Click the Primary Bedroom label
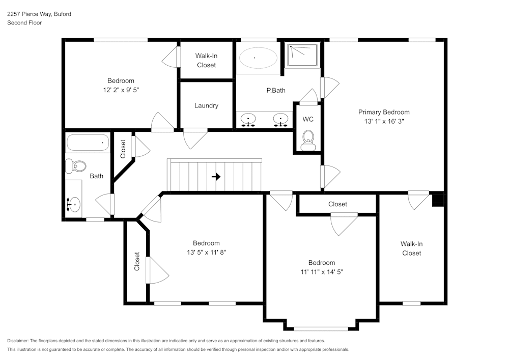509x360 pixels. (384, 112)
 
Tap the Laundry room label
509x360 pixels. (206, 106)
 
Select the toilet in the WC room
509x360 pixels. (308, 138)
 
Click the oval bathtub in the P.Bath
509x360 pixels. (259, 58)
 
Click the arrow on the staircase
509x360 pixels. (216, 177)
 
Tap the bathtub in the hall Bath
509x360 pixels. (88, 143)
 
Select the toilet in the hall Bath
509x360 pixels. (77, 165)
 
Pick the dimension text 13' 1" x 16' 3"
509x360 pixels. (384, 121)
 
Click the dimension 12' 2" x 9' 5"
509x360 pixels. (121, 90)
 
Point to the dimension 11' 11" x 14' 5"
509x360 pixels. (321, 272)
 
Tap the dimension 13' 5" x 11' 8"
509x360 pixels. (206, 252)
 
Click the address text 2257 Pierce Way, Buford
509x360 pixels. (39, 14)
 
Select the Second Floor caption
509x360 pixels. (24, 23)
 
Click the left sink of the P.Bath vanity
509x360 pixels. (248, 120)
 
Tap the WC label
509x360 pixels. (308, 120)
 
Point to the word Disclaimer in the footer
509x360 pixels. (18, 341)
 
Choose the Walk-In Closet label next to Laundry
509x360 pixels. (206, 61)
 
